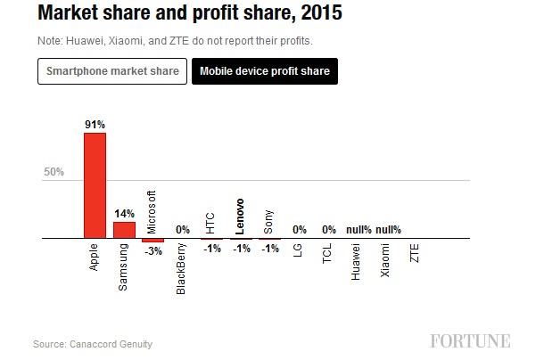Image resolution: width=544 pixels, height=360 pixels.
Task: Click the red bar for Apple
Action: point(95,185)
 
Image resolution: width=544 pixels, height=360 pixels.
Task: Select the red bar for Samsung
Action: point(124,230)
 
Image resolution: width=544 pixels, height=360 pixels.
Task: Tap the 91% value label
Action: point(95,125)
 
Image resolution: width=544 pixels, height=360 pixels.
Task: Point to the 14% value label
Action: point(124,214)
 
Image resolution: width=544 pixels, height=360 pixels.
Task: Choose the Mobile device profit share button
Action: point(264,71)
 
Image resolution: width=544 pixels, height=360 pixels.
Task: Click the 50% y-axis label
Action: point(54,172)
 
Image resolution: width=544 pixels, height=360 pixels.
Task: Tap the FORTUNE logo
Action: point(470,341)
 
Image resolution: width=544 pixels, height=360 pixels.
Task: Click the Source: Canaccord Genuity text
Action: point(93,343)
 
